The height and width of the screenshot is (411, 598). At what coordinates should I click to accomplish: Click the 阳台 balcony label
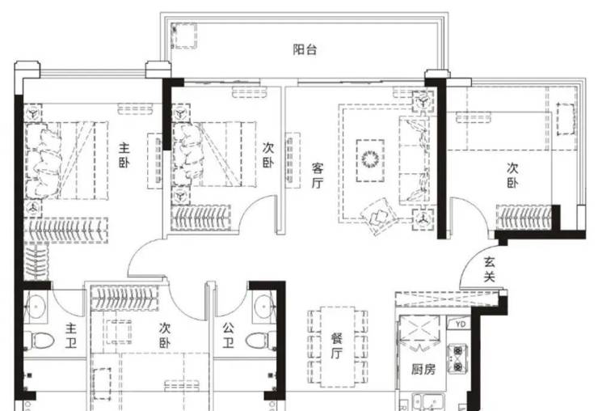pyautogui.click(x=305, y=49)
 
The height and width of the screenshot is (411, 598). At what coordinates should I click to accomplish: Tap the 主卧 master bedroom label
pyautogui.click(x=124, y=155)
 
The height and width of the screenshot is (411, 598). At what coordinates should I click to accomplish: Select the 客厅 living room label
pyautogui.click(x=318, y=176)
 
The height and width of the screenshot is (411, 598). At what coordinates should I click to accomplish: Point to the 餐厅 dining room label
pyautogui.click(x=336, y=346)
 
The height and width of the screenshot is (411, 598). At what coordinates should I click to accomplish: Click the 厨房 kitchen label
pyautogui.click(x=423, y=369)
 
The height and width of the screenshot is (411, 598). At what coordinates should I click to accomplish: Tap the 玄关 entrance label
pyautogui.click(x=489, y=269)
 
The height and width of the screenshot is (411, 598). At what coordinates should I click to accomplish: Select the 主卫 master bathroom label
pyautogui.click(x=70, y=336)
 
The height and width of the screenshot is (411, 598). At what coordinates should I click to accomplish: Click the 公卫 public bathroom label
pyautogui.click(x=228, y=335)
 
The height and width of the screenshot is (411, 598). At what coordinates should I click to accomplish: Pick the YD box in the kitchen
pyautogui.click(x=461, y=324)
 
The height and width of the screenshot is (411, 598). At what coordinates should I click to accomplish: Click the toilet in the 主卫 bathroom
pyautogui.click(x=39, y=340)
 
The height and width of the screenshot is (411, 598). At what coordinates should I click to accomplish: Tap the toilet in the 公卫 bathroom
pyautogui.click(x=261, y=340)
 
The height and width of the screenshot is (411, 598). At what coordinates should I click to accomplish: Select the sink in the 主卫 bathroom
pyautogui.click(x=36, y=306)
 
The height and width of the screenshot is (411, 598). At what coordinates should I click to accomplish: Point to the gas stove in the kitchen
pyautogui.click(x=457, y=358)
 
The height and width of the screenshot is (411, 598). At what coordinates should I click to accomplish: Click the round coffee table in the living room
pyautogui.click(x=370, y=159)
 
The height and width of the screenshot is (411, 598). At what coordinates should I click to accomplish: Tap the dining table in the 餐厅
pyautogui.click(x=338, y=347)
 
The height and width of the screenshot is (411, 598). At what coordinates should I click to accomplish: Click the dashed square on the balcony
pyautogui.click(x=183, y=36)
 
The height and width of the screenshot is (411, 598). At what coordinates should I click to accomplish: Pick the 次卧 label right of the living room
pyautogui.click(x=512, y=175)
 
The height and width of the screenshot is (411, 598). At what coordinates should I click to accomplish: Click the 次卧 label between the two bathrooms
pyautogui.click(x=165, y=335)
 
